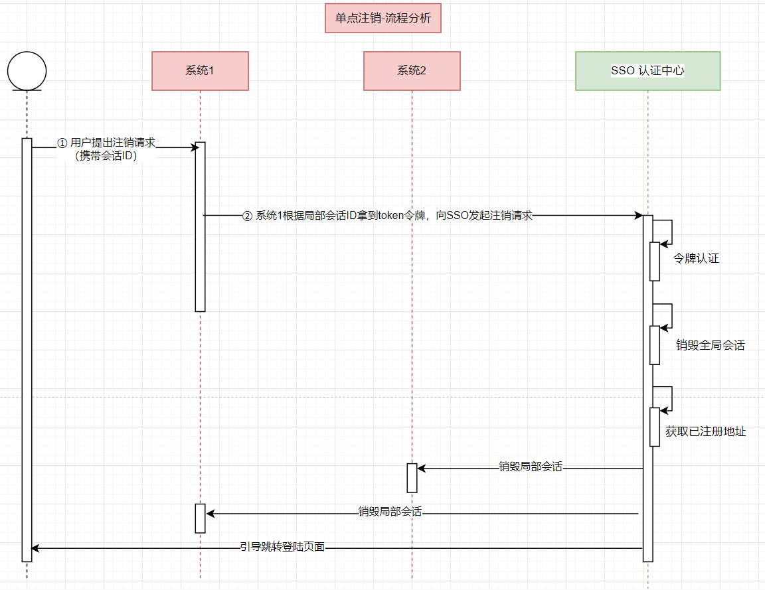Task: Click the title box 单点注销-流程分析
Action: tap(383, 19)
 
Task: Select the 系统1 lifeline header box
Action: tap(200, 71)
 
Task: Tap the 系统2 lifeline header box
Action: tap(412, 71)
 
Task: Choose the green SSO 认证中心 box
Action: tap(647, 71)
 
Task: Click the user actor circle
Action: tap(27, 70)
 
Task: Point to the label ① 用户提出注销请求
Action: tap(106, 143)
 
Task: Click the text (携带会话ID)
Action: tap(106, 157)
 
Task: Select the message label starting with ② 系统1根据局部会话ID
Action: tap(387, 215)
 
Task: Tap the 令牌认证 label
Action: tap(696, 259)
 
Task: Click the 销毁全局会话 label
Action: tap(710, 345)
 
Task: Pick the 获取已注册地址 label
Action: tap(705, 432)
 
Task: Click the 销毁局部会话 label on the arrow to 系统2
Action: tap(530, 467)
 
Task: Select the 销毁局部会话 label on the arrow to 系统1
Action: tap(390, 512)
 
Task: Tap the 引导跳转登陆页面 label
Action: tap(282, 548)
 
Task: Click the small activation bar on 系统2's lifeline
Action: tap(412, 478)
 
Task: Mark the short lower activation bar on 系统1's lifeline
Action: tap(200, 518)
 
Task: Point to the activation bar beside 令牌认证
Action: tap(654, 261)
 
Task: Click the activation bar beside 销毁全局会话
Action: tap(654, 345)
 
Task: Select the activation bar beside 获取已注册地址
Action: tap(654, 427)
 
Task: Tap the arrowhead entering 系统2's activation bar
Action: tap(421, 469)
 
